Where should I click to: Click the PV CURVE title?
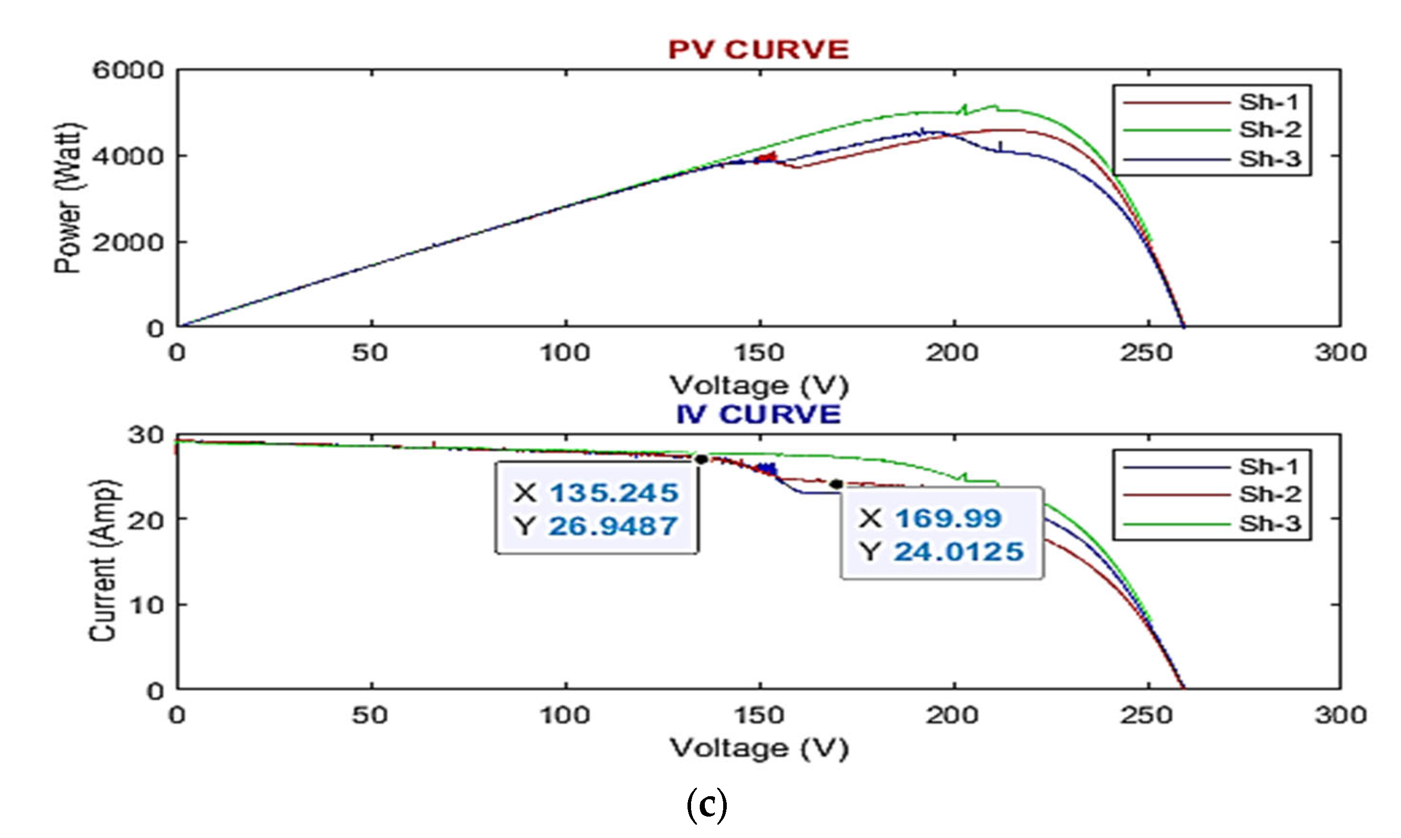click(758, 49)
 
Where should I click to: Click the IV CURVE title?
click(758, 415)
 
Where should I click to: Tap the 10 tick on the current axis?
click(146, 605)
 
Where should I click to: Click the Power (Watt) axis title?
click(68, 199)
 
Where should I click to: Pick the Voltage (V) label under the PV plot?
click(758, 386)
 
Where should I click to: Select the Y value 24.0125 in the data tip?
click(958, 552)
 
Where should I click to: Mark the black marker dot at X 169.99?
click(837, 484)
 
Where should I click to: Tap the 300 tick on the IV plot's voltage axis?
click(1340, 716)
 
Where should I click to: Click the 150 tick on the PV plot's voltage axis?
click(758, 353)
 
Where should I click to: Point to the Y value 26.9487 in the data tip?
click(613, 526)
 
